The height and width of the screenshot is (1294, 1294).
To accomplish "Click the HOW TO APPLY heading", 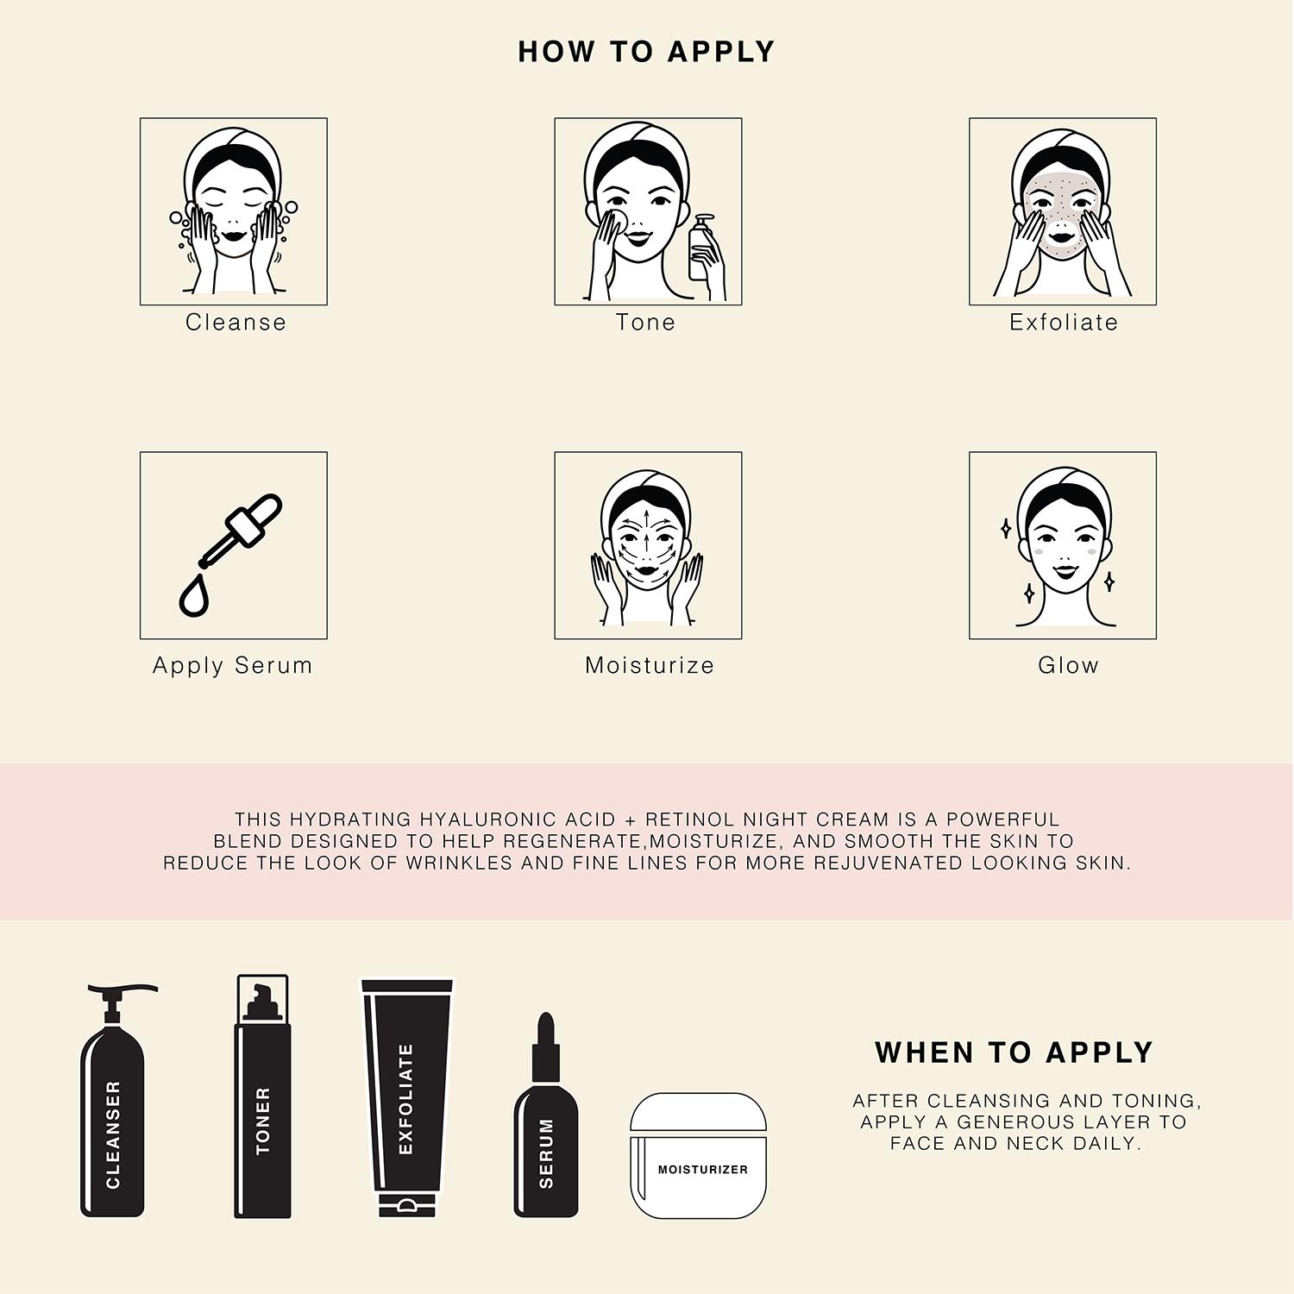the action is (646, 52).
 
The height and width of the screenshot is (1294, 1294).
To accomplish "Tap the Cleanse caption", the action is (236, 322).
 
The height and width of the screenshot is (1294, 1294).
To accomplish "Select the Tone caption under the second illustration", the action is (646, 322).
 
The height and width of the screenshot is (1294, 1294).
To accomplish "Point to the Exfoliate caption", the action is (1064, 322).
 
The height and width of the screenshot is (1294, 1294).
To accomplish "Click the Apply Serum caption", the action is (232, 666).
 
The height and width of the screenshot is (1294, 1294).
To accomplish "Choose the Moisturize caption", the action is (650, 665).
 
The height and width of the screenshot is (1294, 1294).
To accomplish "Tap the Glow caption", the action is (1068, 665).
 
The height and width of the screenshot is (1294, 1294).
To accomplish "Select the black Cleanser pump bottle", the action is (114, 1101).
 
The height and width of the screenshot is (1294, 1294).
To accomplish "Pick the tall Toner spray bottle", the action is (263, 1096).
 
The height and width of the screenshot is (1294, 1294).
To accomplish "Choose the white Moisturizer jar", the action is (699, 1156).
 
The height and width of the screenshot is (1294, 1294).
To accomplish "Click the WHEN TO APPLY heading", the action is (1014, 1052).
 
